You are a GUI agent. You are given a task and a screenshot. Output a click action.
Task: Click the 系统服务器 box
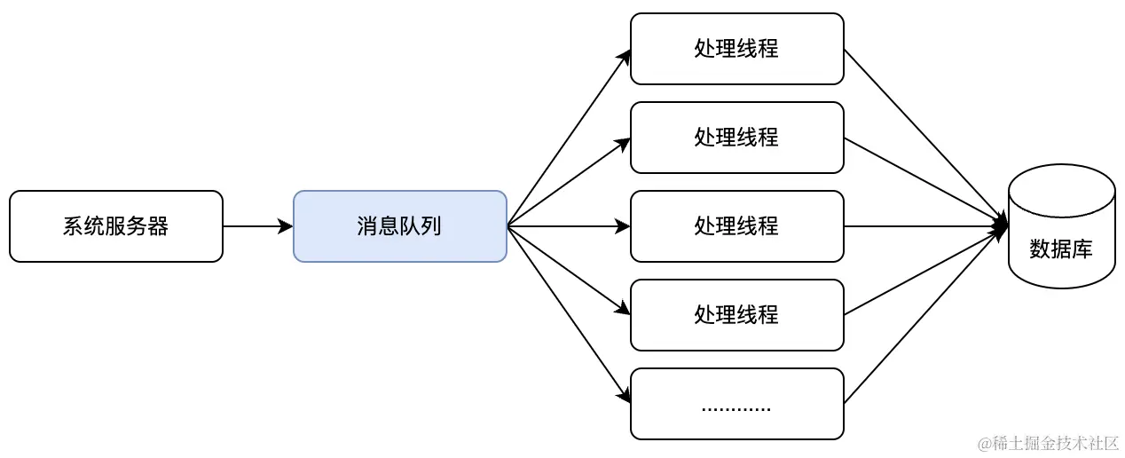(x=115, y=226)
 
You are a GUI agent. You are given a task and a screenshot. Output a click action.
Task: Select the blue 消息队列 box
(x=399, y=226)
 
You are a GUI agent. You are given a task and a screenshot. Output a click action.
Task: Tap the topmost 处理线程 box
(x=736, y=49)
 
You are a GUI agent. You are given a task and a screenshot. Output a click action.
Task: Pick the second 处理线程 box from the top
(x=736, y=138)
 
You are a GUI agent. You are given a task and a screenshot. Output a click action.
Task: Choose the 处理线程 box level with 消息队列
(x=736, y=226)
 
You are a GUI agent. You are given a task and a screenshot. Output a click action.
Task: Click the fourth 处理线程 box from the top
(x=736, y=315)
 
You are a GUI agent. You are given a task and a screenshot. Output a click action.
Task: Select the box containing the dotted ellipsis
(x=736, y=404)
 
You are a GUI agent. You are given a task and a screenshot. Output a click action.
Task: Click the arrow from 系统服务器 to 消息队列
(x=257, y=226)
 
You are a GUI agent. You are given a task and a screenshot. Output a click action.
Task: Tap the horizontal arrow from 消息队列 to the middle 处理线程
(x=568, y=226)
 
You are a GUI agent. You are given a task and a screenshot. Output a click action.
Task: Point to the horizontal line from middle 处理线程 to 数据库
(x=923, y=226)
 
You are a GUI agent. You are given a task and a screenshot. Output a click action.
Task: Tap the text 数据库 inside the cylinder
(x=1061, y=249)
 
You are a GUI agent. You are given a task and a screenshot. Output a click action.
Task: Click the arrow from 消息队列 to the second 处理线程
(x=568, y=183)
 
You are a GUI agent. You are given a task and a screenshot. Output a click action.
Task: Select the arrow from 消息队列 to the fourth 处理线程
(x=568, y=270)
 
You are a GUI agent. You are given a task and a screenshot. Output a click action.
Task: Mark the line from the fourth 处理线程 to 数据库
(x=923, y=272)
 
